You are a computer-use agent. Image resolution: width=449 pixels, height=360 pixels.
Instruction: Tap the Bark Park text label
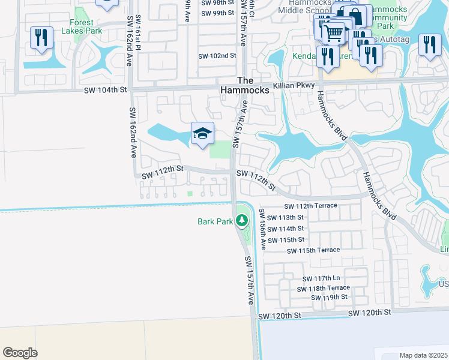pyautogui.click(x=215, y=222)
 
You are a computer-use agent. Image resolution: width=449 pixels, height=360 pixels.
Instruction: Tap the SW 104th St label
pyautogui.click(x=106, y=90)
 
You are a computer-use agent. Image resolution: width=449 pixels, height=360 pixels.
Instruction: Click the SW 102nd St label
pyautogui.click(x=217, y=56)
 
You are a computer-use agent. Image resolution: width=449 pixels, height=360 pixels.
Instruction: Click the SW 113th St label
pyautogui.click(x=285, y=218)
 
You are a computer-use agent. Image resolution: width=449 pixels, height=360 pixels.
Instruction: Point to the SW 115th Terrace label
pyautogui.click(x=313, y=250)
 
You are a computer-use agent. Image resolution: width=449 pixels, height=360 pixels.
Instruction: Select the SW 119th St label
pyautogui.click(x=330, y=298)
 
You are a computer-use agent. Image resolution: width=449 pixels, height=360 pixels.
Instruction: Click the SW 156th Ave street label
pyautogui.click(x=262, y=230)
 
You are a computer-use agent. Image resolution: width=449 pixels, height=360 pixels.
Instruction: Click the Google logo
pyautogui.click(x=20, y=353)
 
